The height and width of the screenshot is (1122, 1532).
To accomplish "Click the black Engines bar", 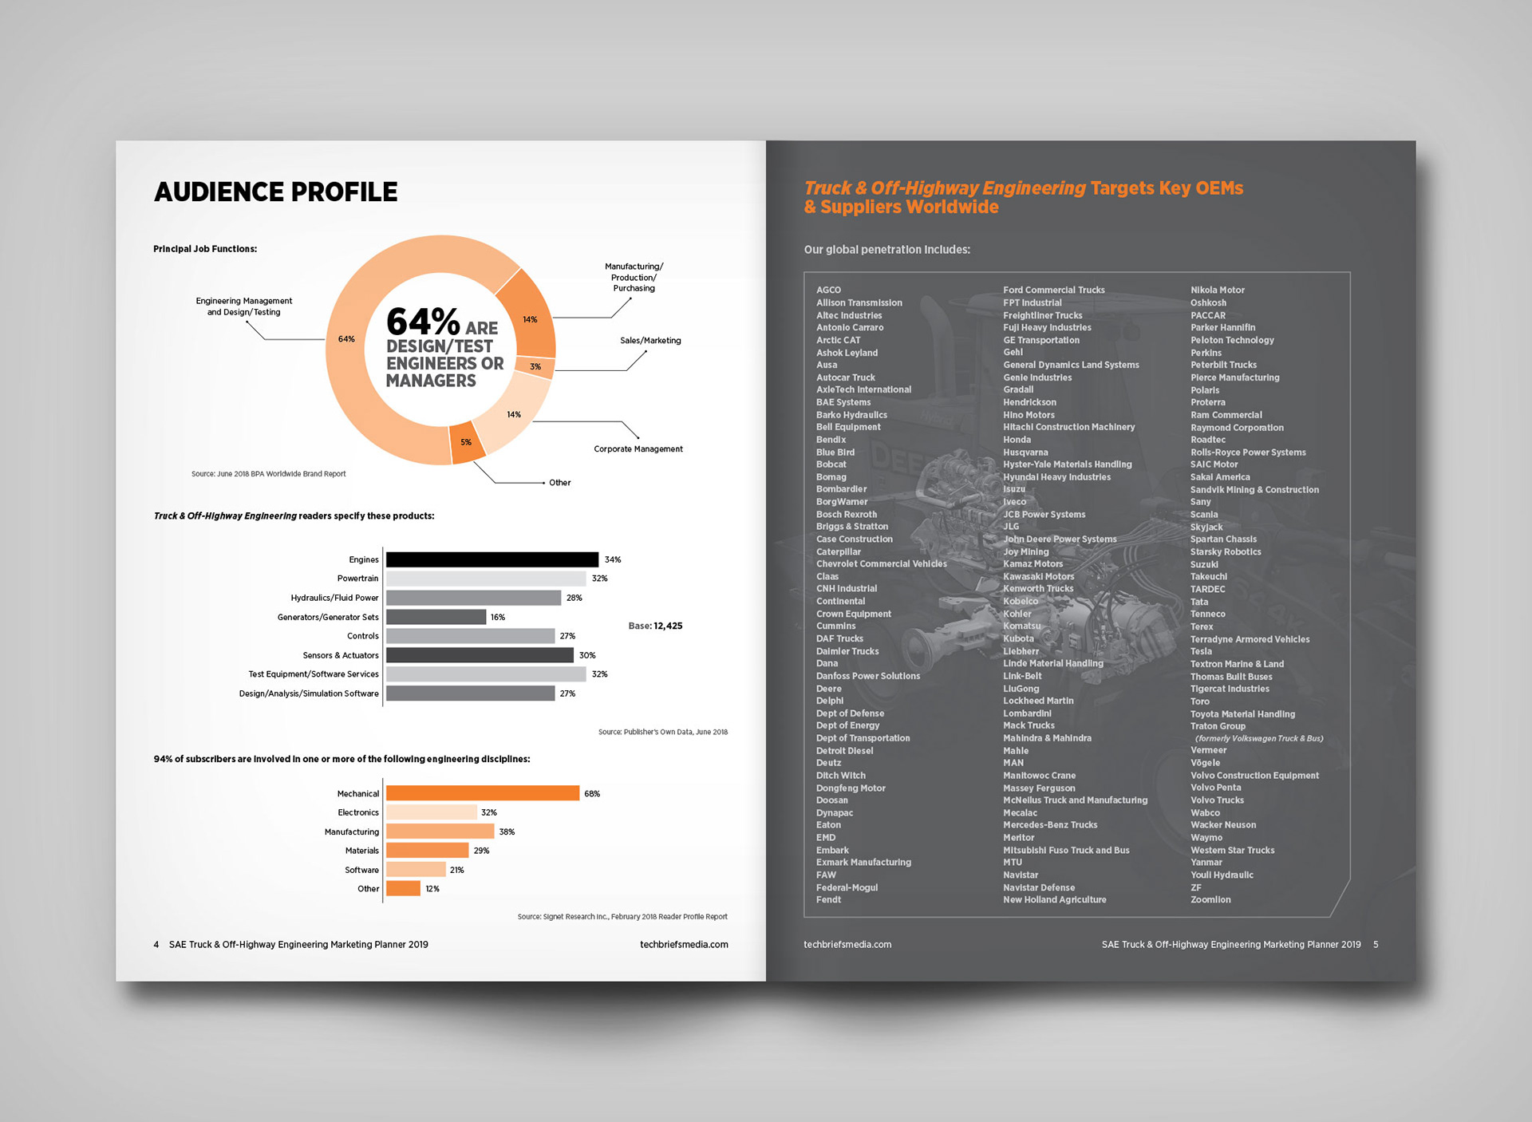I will click(492, 559).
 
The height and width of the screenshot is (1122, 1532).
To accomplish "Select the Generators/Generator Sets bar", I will click(436, 617).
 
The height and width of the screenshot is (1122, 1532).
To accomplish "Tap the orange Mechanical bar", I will click(482, 793).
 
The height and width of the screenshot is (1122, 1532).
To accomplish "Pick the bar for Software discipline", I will click(416, 870).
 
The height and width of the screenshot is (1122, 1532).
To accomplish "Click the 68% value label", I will click(592, 794).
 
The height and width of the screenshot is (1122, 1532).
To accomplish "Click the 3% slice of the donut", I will click(535, 367).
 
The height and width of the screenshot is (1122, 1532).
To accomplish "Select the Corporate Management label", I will click(638, 449).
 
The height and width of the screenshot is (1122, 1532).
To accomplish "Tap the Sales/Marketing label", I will click(650, 341).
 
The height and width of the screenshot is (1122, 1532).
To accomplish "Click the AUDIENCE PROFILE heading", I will click(275, 192).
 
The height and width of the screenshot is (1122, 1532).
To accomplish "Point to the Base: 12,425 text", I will click(655, 626).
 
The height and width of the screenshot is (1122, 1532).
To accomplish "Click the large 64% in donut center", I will click(423, 322).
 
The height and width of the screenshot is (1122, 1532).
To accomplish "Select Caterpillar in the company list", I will click(839, 552).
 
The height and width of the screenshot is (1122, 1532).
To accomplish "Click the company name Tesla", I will click(1201, 652).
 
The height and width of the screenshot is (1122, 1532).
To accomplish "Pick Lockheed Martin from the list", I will click(1038, 701).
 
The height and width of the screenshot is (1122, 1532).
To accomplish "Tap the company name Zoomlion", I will click(1210, 900).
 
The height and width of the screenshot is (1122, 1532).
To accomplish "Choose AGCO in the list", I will click(828, 290).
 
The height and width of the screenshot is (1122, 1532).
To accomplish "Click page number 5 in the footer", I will click(1376, 945).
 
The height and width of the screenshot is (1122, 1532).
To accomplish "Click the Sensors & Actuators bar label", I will click(341, 656).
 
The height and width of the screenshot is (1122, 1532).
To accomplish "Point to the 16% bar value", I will click(498, 618).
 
